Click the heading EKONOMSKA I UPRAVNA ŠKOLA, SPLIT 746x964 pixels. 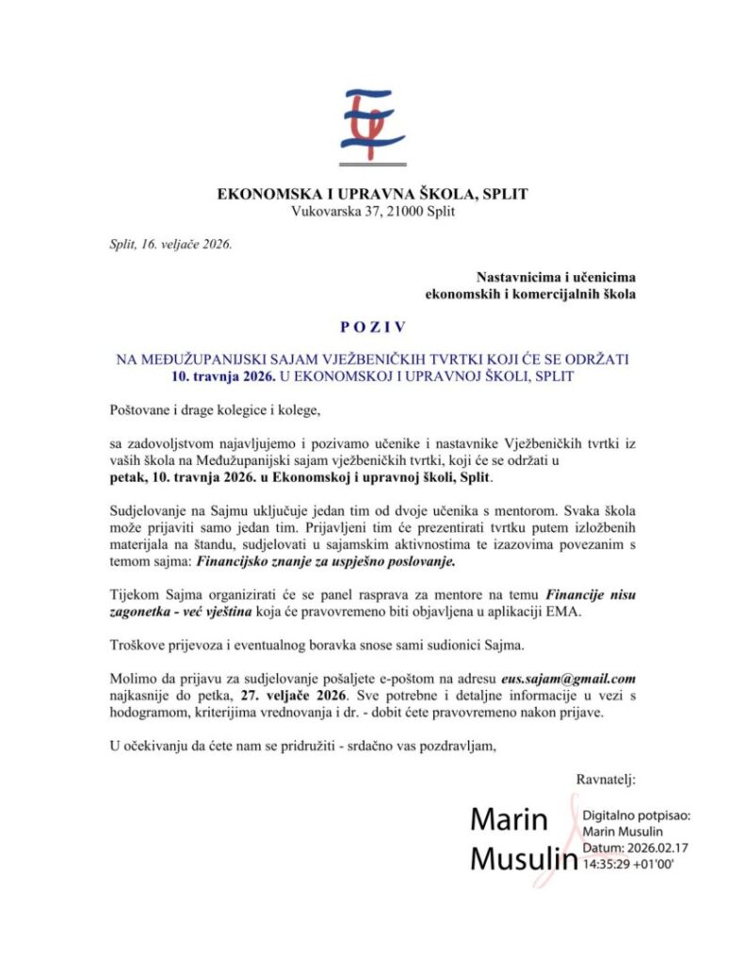pos(373,195)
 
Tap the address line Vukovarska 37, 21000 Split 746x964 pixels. pos(373,212)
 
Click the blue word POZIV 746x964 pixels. pos(373,328)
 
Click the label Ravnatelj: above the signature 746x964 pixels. pos(606,779)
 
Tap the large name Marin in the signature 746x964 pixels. pos(509,820)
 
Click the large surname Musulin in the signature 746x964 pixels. pos(523,859)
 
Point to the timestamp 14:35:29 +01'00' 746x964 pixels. pos(628,862)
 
